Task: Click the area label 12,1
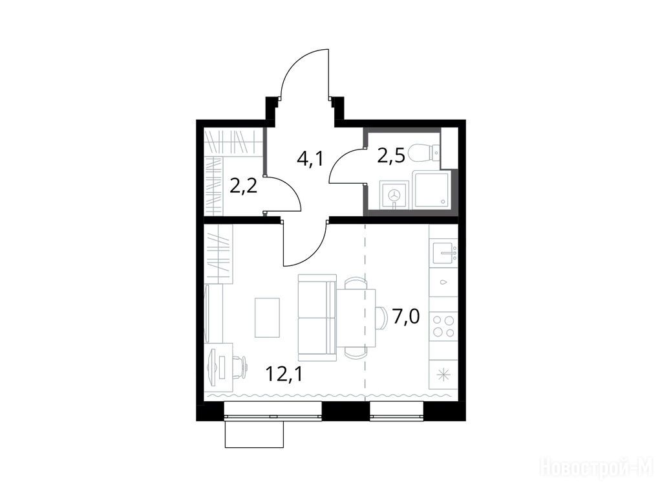(284, 373)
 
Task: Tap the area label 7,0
(406, 316)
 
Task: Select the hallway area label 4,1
(310, 159)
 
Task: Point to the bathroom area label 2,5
(392, 155)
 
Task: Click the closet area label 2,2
(244, 185)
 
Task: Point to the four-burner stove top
(443, 326)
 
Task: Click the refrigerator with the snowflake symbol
(443, 375)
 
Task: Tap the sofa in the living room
(317, 317)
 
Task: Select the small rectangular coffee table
(267, 317)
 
